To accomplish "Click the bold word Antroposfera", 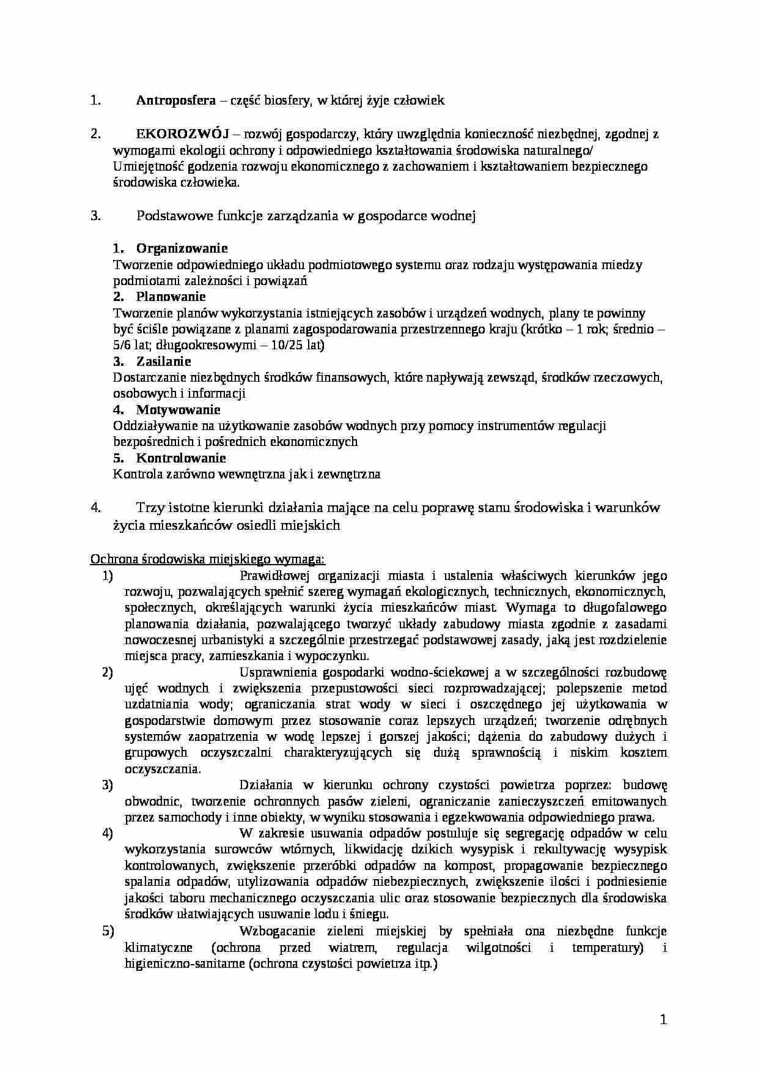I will [x=175, y=101].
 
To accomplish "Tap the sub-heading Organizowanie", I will [x=182, y=248].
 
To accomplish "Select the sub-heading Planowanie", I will [x=171, y=297].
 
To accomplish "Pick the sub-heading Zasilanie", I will [x=163, y=362].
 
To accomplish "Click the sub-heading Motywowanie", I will [x=178, y=410].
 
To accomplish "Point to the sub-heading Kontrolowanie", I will [x=181, y=458].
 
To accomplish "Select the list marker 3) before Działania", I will [x=108, y=785].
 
